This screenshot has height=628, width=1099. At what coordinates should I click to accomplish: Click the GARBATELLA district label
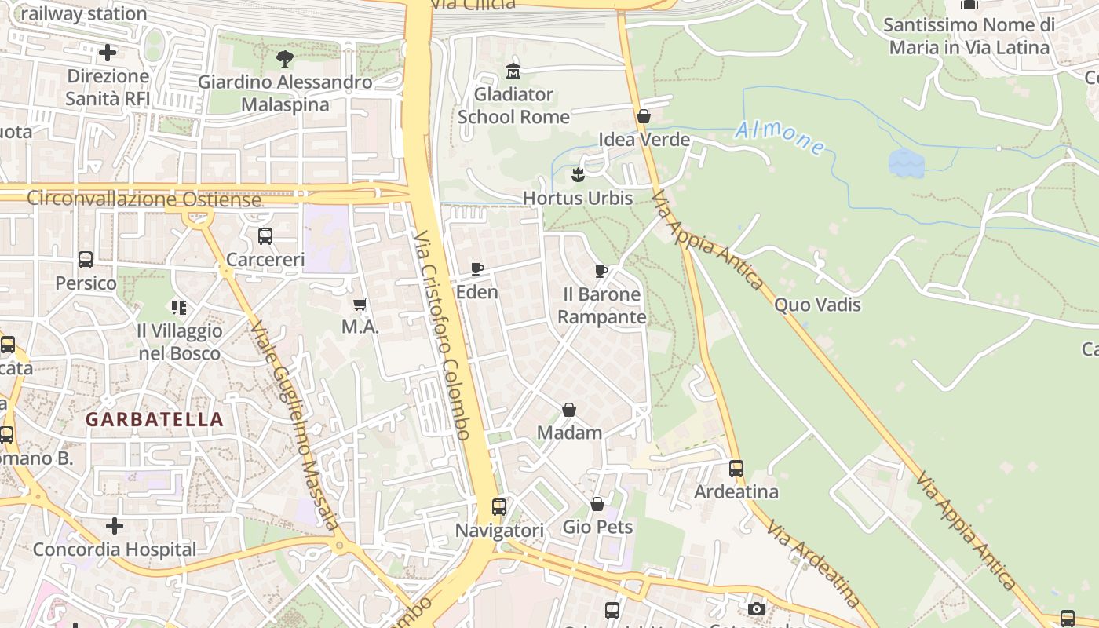[x=155, y=419]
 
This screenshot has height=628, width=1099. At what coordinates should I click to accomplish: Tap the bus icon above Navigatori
[x=499, y=507]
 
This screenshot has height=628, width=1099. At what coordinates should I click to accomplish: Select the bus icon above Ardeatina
[x=736, y=469]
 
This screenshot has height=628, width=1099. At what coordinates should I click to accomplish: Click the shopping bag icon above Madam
[x=569, y=410]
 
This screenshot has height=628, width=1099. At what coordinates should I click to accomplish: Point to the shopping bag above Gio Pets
[x=597, y=504]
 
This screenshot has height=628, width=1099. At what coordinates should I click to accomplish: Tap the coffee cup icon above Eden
[x=476, y=269]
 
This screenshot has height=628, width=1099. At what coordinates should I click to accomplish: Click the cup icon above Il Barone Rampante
[x=601, y=272]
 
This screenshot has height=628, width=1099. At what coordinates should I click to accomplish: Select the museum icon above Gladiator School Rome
[x=513, y=71]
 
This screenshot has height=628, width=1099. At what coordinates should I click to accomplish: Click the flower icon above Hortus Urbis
[x=578, y=174]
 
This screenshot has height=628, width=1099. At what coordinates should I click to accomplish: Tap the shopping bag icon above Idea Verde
[x=644, y=116]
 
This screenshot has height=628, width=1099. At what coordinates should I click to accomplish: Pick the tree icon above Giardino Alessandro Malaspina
[x=285, y=58]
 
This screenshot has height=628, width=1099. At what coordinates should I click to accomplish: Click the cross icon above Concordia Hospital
[x=115, y=526]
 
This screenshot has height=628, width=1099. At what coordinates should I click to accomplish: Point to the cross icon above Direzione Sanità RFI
[x=108, y=53]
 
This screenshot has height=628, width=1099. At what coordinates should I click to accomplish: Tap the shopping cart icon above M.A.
[x=360, y=304]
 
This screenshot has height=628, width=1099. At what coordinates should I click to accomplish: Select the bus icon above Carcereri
[x=265, y=235]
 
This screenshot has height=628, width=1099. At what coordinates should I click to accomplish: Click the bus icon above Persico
[x=86, y=260]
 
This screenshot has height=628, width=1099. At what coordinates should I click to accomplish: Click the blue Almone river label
[x=780, y=137]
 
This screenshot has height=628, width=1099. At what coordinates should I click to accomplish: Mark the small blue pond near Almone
[x=906, y=163]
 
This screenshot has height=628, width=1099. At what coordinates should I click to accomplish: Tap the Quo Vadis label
[x=817, y=305]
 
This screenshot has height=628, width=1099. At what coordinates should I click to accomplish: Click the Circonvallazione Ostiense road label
[x=144, y=199]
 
